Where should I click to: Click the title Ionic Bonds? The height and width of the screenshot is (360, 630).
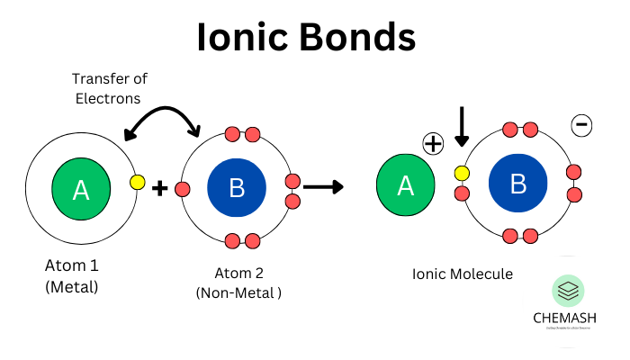(x=307, y=37)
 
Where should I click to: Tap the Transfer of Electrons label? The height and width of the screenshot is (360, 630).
(x=108, y=88)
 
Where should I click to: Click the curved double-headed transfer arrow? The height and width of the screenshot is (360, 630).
(x=162, y=114)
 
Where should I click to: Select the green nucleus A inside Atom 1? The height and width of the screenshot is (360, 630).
(x=81, y=189)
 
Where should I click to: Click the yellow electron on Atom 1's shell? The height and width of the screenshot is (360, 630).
(x=137, y=182)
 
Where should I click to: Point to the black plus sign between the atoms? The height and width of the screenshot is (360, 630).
(x=160, y=189)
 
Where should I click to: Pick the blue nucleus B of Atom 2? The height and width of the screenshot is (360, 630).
(x=237, y=188)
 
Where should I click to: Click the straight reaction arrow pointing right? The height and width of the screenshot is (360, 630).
(x=323, y=187)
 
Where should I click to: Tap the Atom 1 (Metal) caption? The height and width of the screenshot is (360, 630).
(x=72, y=276)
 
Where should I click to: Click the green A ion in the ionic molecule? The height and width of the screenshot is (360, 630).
(x=406, y=185)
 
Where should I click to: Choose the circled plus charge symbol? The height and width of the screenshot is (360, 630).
(x=435, y=144)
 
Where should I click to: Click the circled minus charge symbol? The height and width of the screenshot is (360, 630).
(x=582, y=126)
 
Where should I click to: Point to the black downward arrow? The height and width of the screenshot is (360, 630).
(x=462, y=127)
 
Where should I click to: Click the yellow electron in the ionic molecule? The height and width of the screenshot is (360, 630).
(x=462, y=173)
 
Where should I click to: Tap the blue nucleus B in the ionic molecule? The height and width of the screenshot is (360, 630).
(x=518, y=184)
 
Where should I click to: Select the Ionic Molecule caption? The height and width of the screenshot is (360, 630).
(x=463, y=274)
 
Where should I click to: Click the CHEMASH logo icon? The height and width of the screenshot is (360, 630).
(x=568, y=291)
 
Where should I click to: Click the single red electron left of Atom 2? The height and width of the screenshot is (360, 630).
(x=183, y=189)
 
